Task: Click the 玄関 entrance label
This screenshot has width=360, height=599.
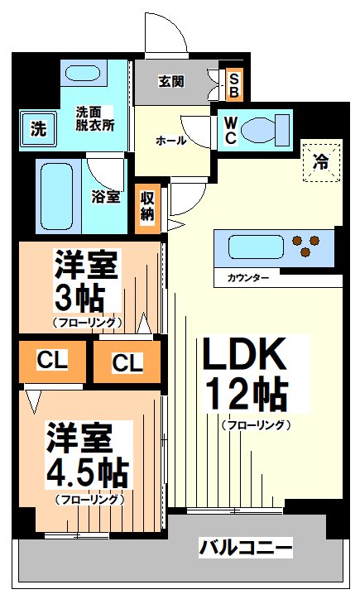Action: point(171,81)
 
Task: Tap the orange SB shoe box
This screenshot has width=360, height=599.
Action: point(233,81)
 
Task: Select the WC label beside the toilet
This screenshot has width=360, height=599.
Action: point(230,129)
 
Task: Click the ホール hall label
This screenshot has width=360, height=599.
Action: point(170,141)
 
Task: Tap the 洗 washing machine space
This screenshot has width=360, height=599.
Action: point(37,128)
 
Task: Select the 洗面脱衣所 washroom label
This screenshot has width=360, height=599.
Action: point(95,117)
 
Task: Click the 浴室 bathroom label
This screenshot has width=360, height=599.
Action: point(107,197)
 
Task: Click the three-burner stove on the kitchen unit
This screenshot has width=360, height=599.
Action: point(307,247)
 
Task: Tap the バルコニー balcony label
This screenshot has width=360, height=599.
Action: point(245,547)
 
